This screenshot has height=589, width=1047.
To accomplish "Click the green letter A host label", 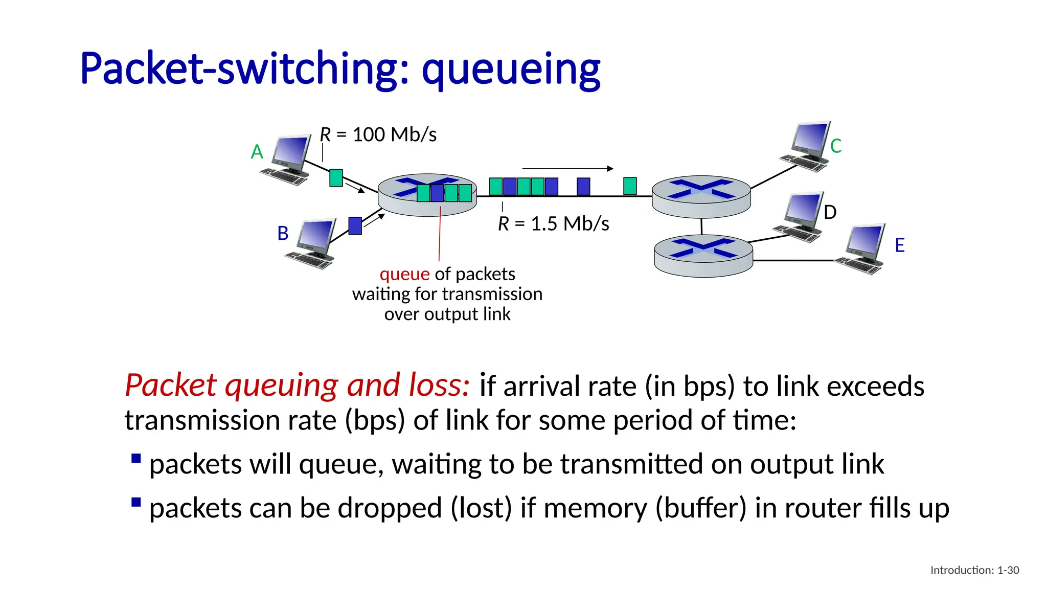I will click(257, 152).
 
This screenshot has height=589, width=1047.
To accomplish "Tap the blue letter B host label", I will click(283, 234).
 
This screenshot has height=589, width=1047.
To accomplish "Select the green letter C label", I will click(836, 146).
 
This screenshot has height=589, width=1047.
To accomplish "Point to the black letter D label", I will click(830, 212).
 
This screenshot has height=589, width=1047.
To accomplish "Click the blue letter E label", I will click(900, 245).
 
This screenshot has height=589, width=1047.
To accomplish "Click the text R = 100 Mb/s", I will click(378, 135).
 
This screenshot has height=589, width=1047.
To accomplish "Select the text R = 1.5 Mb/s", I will click(553, 224).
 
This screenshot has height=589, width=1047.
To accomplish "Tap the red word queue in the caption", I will click(404, 274).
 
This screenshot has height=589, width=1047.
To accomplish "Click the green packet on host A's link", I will click(336, 178).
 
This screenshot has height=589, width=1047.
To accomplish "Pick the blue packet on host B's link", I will click(355, 225).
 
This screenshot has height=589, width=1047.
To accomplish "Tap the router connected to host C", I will click(701, 196).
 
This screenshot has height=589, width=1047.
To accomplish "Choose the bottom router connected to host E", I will click(703, 256).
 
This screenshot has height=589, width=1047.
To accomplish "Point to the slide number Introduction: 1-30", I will click(974, 570).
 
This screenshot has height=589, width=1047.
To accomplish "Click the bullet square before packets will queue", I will click(136, 458).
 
